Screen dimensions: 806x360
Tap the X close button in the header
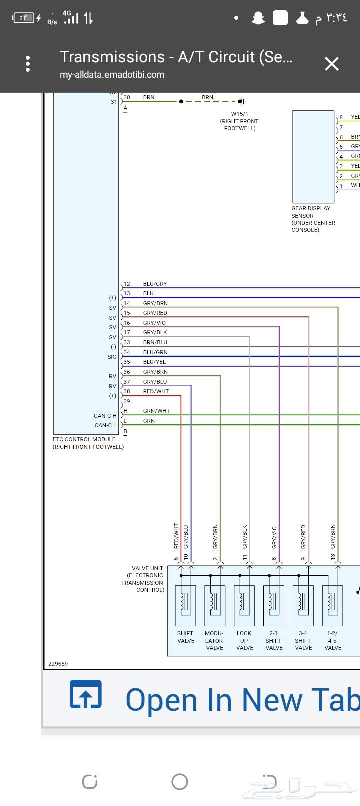331,64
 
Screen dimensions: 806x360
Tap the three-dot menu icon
28,64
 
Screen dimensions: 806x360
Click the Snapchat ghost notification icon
258,18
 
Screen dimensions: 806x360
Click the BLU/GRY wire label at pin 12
155,284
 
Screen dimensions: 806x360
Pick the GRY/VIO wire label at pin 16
154,323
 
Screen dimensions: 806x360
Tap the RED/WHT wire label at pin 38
156,391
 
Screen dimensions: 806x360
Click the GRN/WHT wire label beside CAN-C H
156,411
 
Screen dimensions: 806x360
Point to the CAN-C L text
105,425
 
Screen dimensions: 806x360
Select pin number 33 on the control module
127,342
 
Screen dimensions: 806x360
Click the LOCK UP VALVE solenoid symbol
244,605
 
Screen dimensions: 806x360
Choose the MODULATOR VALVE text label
215,640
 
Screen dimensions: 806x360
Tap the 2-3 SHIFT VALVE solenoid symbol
274,605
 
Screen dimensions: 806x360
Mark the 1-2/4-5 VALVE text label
333,640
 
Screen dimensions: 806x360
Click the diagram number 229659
58,664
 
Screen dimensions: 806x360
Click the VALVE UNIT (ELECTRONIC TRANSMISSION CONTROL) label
143,579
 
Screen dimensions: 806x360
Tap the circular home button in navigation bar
180,781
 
